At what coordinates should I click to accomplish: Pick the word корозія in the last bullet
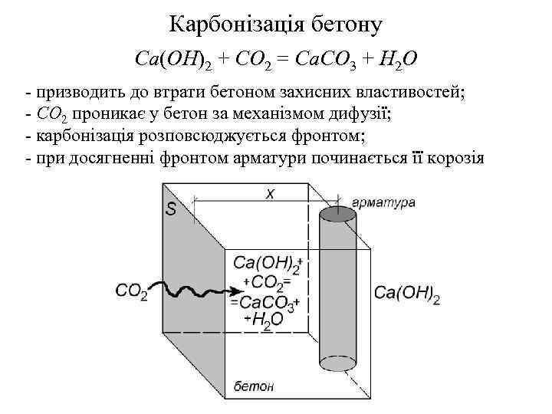453,158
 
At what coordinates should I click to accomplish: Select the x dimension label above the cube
270,194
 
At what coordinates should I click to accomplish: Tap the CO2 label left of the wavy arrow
133,291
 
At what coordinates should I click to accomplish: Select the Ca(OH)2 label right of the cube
406,294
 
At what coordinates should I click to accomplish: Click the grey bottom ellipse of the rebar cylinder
338,362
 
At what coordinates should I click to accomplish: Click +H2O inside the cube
264,317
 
